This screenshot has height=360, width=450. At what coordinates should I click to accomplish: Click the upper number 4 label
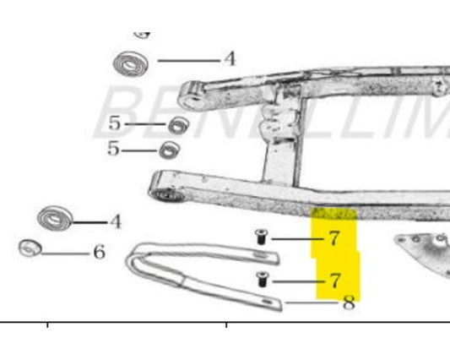pyautogui.click(x=229, y=59)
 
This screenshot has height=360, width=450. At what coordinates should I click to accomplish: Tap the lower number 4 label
pyautogui.click(x=115, y=222)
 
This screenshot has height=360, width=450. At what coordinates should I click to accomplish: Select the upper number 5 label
pyautogui.click(x=115, y=124)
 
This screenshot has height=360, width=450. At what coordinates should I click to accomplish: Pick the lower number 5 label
pyautogui.click(x=114, y=150)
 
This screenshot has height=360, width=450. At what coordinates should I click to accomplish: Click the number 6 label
pyautogui.click(x=99, y=252)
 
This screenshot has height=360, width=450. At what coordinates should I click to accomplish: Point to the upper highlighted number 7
pyautogui.click(x=334, y=238)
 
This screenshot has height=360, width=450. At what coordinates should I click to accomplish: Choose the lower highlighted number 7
pyautogui.click(x=335, y=280)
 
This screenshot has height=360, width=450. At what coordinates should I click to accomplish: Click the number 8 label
pyautogui.click(x=348, y=303)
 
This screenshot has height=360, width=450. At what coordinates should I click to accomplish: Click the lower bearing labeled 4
pyautogui.click(x=57, y=218)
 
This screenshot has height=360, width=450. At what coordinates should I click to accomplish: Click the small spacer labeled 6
pyautogui.click(x=30, y=248)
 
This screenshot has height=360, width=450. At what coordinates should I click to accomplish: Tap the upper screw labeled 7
pyautogui.click(x=261, y=238)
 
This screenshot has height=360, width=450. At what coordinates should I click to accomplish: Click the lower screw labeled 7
pyautogui.click(x=261, y=279)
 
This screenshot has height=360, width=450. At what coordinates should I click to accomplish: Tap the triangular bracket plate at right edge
pyautogui.click(x=426, y=248)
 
